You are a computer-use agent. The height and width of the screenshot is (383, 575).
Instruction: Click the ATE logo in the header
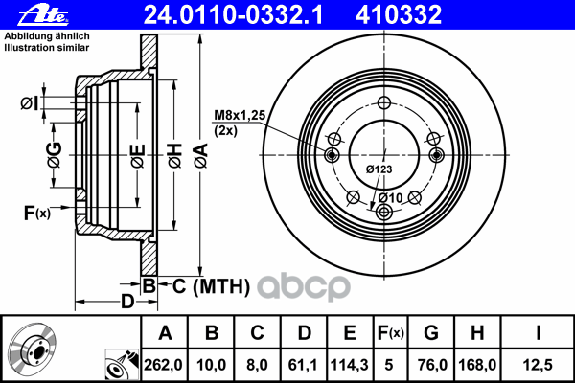43,15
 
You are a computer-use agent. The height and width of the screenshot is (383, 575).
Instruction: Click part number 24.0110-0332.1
233,15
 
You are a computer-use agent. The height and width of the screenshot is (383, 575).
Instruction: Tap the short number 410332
399,15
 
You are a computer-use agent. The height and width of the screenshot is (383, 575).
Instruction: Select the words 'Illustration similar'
47,48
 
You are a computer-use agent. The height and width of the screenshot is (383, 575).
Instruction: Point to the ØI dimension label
30,103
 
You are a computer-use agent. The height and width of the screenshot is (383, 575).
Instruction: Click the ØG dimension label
55,155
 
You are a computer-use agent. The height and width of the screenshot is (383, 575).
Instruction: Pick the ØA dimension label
201,156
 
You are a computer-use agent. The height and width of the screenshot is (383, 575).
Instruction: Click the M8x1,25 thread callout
240,115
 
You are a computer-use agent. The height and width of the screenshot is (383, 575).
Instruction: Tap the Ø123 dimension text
379,169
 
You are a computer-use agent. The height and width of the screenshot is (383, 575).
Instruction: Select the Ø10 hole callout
390,198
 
